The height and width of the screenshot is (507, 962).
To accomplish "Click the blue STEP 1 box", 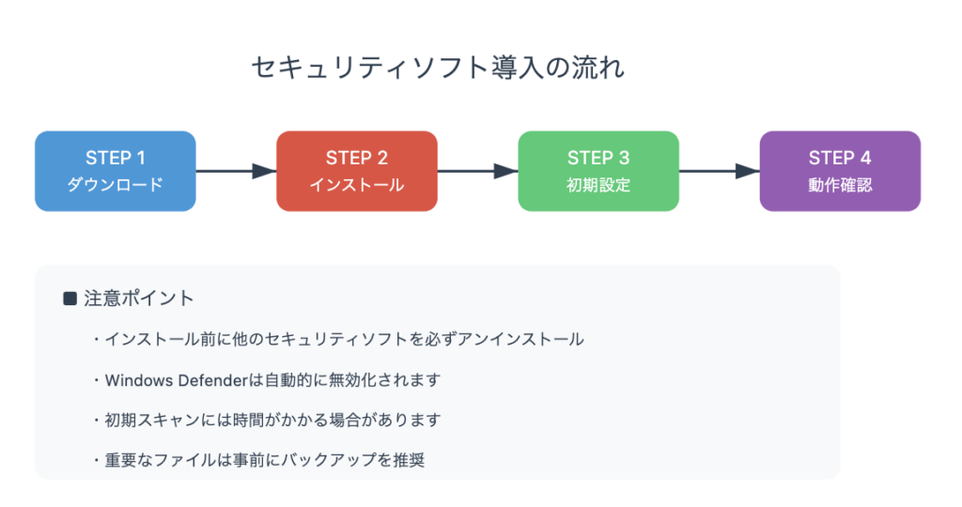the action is (x=116, y=171).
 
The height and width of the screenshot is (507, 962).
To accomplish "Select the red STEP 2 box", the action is (x=357, y=171).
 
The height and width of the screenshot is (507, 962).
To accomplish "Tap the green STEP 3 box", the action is (x=598, y=171).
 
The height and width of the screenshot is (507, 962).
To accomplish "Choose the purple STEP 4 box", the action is (x=840, y=171).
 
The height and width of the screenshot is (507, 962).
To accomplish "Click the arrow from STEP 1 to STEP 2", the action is (x=236, y=171).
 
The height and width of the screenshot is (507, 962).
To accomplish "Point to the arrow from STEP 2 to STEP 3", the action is (x=478, y=171).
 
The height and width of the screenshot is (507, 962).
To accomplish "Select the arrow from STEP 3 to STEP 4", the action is (x=720, y=171).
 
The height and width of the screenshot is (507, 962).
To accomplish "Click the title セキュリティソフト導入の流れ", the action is (x=438, y=68).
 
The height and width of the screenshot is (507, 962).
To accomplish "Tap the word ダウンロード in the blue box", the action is (x=116, y=185).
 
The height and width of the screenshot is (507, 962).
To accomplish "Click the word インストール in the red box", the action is (x=357, y=185).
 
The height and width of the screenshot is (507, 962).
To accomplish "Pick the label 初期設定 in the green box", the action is (x=598, y=185).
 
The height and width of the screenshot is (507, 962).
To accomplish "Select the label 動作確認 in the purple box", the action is (x=840, y=185).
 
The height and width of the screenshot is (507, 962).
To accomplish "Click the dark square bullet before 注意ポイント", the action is (x=70, y=299).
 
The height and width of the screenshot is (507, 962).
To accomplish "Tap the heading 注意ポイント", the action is (x=139, y=299).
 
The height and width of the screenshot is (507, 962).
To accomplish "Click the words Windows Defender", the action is (x=176, y=380).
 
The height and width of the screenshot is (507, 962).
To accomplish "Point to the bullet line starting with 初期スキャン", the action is (x=268, y=420).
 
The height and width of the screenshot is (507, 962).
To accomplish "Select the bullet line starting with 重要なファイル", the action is (x=259, y=460).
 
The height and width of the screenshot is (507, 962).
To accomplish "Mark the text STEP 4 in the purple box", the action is (x=840, y=158).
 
